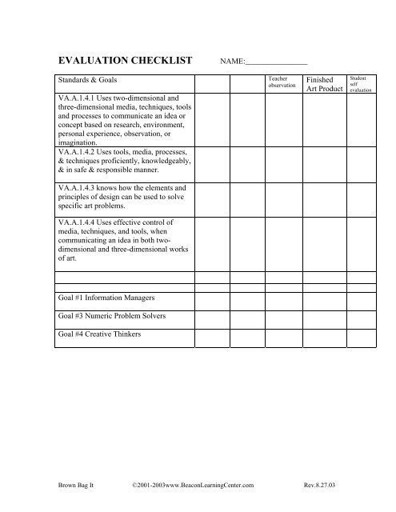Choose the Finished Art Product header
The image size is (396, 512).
[324, 85]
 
